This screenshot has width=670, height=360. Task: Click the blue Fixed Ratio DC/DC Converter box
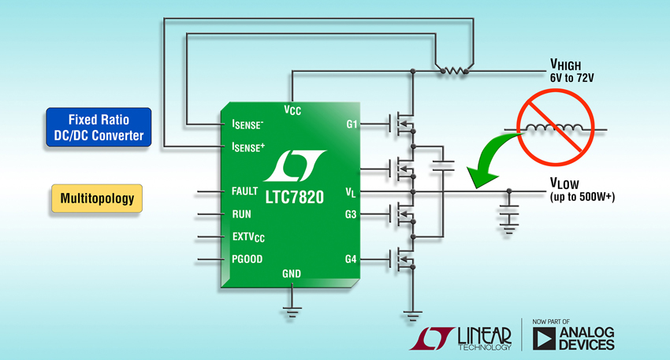(x=99, y=128)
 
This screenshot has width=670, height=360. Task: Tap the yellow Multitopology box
(x=97, y=199)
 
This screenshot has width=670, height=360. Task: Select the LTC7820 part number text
(x=295, y=197)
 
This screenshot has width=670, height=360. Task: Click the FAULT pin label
(x=244, y=191)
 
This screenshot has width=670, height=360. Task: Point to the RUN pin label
(x=241, y=214)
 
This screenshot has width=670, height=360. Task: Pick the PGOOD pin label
(x=247, y=259)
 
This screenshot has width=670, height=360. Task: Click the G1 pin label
(x=352, y=124)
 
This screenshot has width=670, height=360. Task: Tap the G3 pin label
(x=351, y=214)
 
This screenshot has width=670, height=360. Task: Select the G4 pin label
(x=351, y=259)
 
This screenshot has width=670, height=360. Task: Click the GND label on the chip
(x=292, y=273)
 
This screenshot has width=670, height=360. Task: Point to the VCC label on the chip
(x=292, y=110)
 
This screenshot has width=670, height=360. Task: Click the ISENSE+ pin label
(x=248, y=147)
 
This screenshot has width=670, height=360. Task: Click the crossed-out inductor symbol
(x=556, y=128)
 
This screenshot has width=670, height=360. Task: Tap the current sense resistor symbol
(x=454, y=70)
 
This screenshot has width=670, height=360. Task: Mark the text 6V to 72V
(x=571, y=78)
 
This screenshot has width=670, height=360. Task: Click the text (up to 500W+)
(x=583, y=197)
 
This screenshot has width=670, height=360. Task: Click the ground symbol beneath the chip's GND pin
(x=292, y=312)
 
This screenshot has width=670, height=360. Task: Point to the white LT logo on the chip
(x=295, y=165)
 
